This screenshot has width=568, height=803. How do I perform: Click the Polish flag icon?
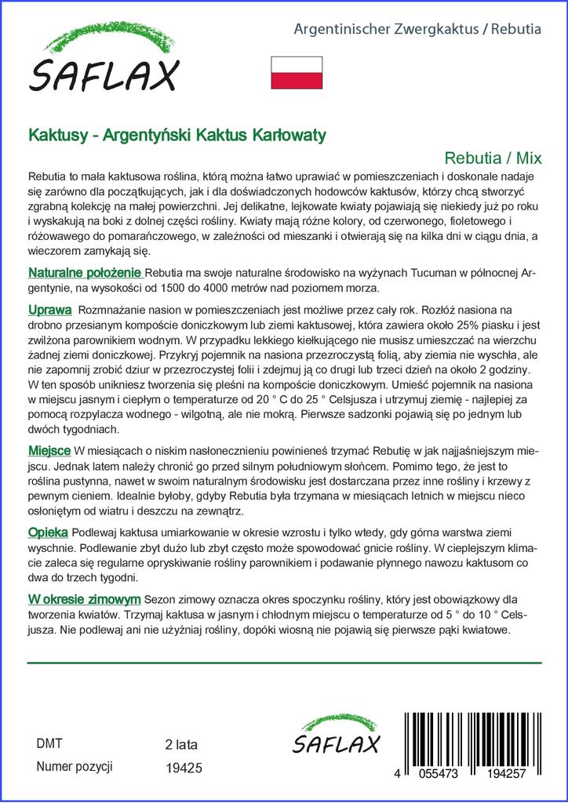point(296,72)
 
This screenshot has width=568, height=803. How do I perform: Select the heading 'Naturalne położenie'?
point(85,273)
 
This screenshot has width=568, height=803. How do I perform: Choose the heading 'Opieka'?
point(47,532)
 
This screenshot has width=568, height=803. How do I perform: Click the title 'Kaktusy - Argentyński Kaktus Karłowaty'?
point(177,134)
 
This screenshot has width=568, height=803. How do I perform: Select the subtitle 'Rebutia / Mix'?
point(493,156)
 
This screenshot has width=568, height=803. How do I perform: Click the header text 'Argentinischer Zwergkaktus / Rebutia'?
point(417,29)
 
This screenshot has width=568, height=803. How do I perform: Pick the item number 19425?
point(184,768)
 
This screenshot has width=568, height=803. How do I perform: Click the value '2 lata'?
point(182,744)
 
